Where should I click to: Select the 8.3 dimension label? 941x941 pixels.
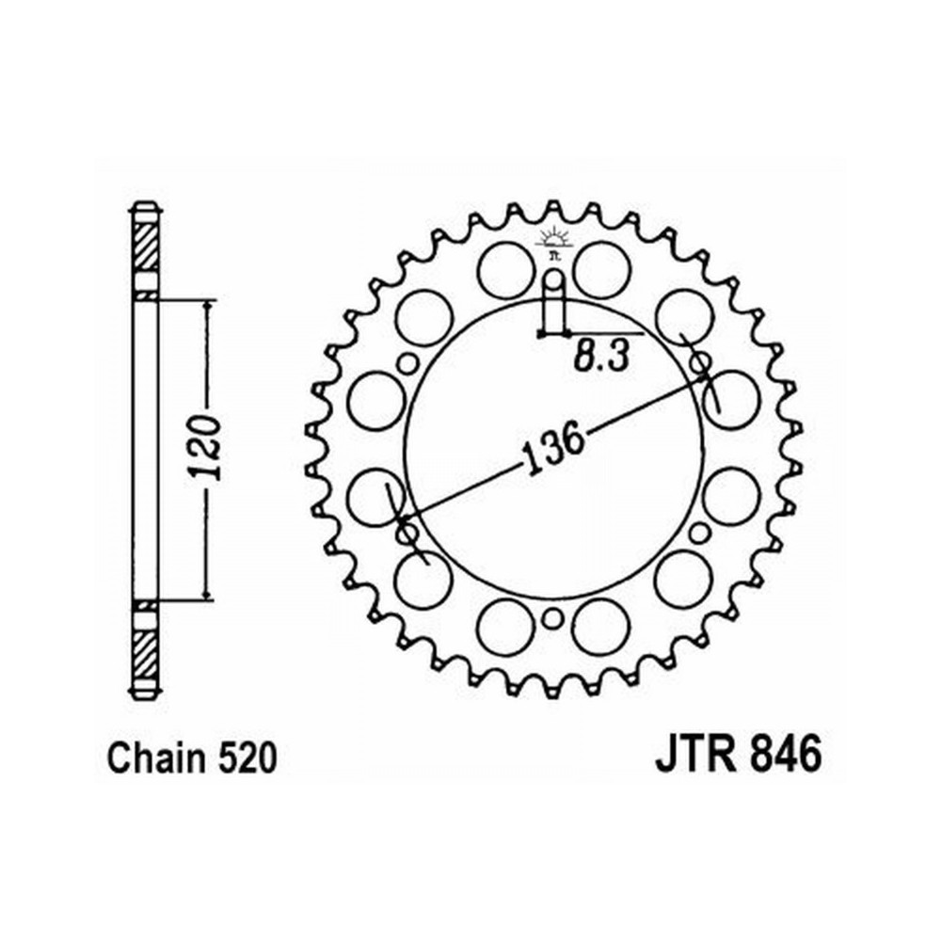[602, 358]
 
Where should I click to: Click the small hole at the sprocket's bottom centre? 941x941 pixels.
[553, 618]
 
